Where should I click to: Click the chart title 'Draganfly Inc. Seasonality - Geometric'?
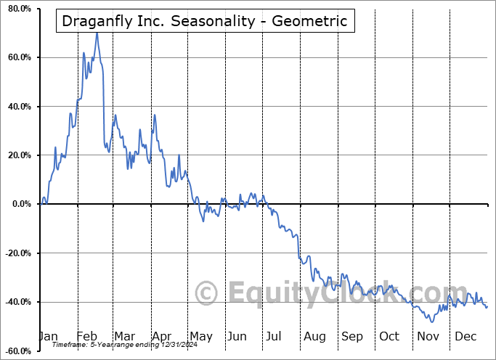pyautogui.click(x=205, y=22)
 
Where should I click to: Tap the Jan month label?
pyautogui.click(x=48, y=336)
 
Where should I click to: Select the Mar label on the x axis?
pyautogui.click(x=124, y=336)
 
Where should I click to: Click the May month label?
pyautogui.click(x=200, y=336)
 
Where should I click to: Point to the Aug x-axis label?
pyautogui.click(x=314, y=336)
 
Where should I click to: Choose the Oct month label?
pyautogui.click(x=389, y=336)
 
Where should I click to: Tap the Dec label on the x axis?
pyautogui.click(x=465, y=336)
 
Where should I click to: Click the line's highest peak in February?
pyautogui.click(x=97, y=33)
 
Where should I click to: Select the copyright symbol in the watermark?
pyautogui.click(x=207, y=293)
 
